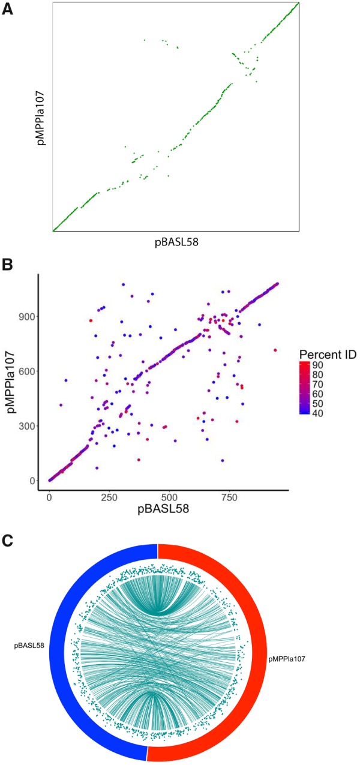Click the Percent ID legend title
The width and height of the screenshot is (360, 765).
328,355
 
